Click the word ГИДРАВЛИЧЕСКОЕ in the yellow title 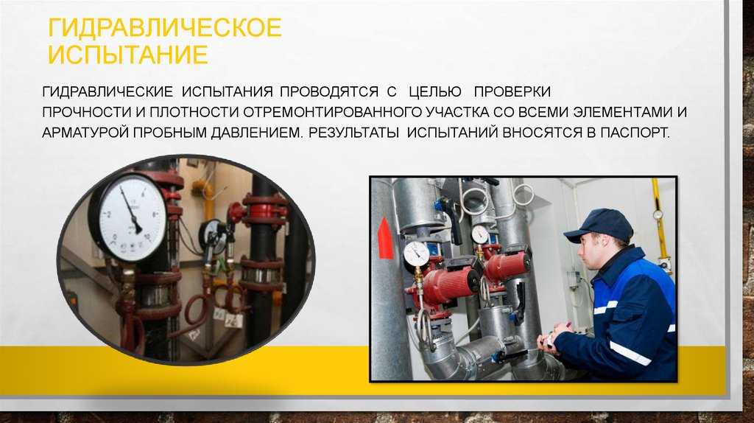(164, 28)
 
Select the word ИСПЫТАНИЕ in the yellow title (128, 55)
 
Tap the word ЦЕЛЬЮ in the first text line (434, 91)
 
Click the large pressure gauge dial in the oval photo (128, 217)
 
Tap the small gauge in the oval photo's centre (213, 236)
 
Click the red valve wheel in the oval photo (236, 212)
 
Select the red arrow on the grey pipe (384, 238)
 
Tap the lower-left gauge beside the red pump (417, 254)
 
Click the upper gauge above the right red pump (480, 234)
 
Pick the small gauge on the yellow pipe (658, 214)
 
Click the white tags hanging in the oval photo (228, 317)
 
